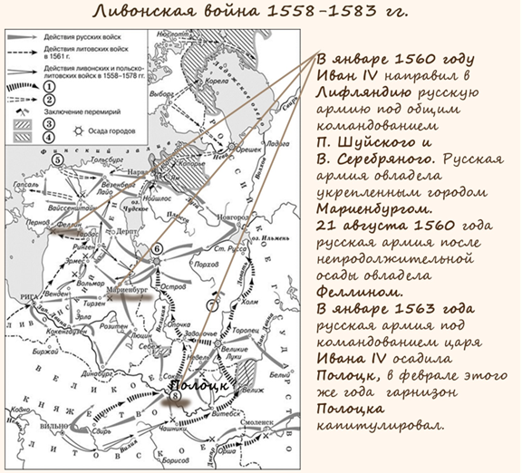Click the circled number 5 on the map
[x=57, y=160]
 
